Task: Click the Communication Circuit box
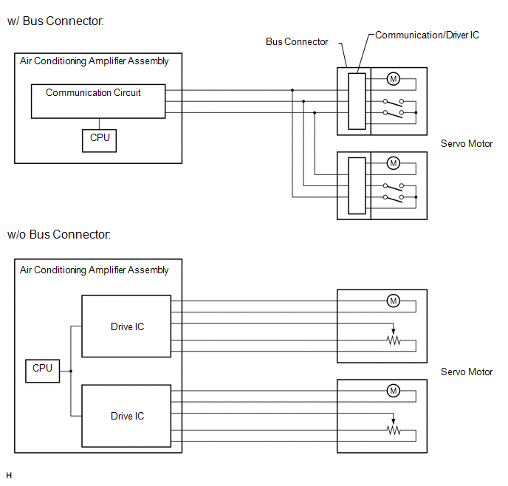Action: point(97,101)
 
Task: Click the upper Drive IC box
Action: point(127,327)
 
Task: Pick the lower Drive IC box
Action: point(127,416)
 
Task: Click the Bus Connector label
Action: point(297,42)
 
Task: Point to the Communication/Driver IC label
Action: point(427,35)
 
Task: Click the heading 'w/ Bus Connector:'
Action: point(55,21)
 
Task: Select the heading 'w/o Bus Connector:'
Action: point(59,235)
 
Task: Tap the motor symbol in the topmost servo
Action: point(394,79)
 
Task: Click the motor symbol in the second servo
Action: point(394,163)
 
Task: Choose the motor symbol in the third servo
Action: point(394,300)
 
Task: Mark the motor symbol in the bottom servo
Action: point(394,390)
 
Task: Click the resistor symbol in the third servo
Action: point(394,340)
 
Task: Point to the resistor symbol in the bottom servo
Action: point(394,431)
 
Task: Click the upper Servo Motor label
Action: point(466,144)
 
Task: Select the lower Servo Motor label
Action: point(466,372)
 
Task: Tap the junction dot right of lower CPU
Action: point(71,371)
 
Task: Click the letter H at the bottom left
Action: point(9,475)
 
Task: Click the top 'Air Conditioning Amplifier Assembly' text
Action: point(94,61)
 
